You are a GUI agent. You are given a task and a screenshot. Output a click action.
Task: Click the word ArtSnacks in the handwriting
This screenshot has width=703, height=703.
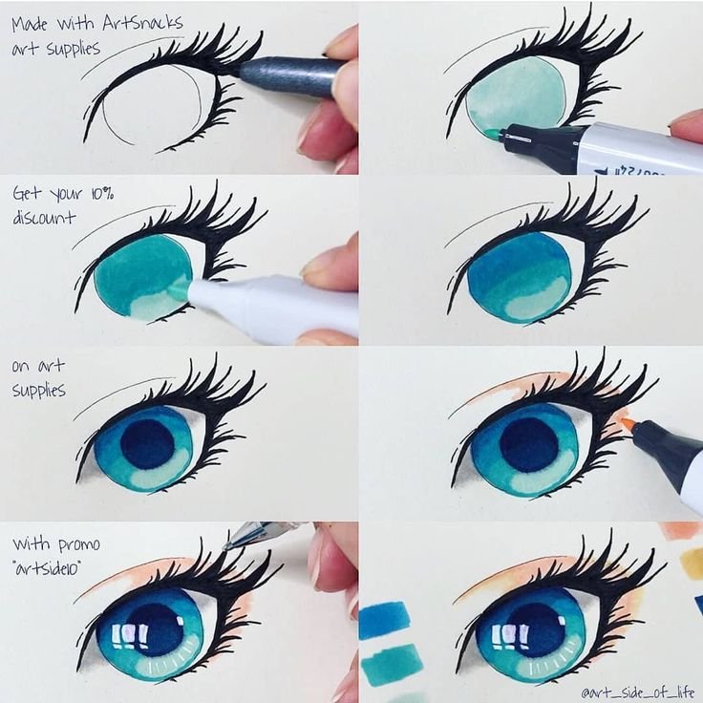point(142,22)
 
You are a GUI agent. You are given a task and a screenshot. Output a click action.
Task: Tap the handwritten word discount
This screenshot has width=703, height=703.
point(44,218)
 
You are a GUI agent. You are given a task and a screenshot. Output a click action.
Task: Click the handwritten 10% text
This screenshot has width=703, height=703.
point(103,195)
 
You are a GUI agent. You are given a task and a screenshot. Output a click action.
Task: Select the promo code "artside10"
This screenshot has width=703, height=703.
point(47,568)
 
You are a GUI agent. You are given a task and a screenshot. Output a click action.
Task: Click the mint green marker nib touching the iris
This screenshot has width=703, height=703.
point(491,133)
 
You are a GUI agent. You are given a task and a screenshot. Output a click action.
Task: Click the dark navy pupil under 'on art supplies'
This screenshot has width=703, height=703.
point(147,445)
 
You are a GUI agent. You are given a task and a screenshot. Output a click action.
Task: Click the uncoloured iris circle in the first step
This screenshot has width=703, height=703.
point(152,104)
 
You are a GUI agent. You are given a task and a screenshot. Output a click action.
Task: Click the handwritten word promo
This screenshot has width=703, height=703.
point(79,545)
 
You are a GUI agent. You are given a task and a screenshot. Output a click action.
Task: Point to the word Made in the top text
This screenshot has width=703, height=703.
point(30,24)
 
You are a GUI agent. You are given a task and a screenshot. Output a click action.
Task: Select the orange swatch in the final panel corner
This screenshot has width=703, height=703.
point(681,529)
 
